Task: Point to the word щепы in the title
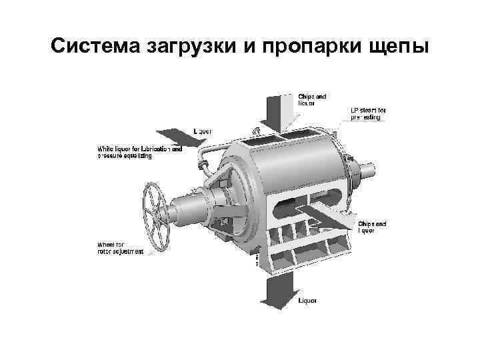pos(397,49)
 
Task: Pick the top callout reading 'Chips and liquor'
pos(311,99)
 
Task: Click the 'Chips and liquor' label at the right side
pos(372,227)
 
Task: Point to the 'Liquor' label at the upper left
pos(203,131)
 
